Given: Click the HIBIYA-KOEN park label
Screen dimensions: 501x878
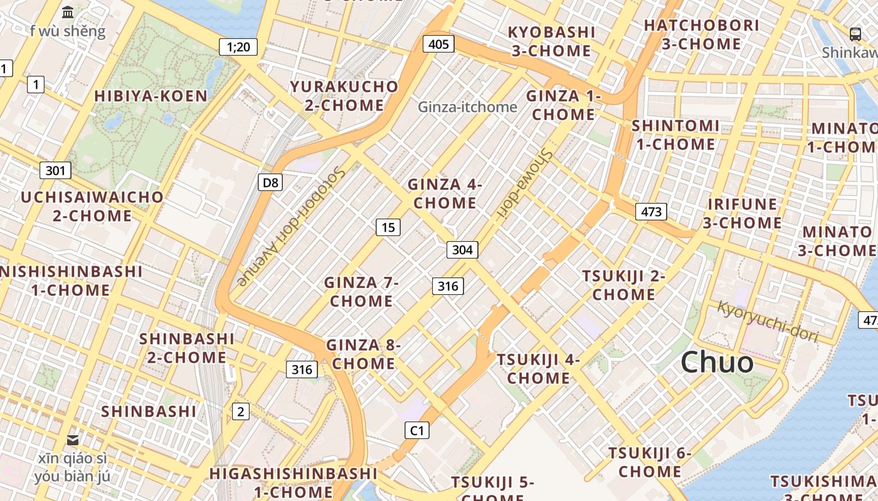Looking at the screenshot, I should tap(151, 96).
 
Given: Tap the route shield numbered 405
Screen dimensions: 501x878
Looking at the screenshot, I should tap(439, 44).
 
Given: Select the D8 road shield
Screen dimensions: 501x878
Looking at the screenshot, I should tap(270, 182).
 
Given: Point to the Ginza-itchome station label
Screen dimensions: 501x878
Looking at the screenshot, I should tap(467, 107).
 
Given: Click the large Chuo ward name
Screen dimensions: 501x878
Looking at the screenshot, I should tap(717, 362).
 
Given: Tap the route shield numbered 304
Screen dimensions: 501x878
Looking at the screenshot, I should tap(462, 250).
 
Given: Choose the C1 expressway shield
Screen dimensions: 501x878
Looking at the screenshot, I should tap(417, 430).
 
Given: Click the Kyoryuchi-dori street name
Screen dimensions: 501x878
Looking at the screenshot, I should tap(768, 321).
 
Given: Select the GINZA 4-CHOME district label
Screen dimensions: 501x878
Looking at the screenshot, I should tap(445, 194).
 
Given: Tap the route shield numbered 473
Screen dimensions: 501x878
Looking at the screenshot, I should tap(651, 212).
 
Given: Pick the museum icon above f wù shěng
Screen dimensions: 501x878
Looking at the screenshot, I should tap(68, 12).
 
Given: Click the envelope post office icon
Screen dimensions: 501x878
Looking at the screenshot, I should tap(73, 440).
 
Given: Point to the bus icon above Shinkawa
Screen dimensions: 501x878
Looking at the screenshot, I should tap(855, 34).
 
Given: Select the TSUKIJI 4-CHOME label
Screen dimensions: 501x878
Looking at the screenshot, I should tap(538, 369).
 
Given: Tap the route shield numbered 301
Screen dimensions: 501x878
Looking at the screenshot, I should tap(55, 170).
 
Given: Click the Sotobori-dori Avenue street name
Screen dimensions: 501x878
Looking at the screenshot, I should tap(292, 226).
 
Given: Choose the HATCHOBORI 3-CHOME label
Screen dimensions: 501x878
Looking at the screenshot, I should tap(701, 34).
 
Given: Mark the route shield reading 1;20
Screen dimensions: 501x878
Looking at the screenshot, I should tap(238, 46).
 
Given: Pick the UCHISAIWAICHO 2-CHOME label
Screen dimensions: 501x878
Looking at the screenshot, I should tap(92, 206).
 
